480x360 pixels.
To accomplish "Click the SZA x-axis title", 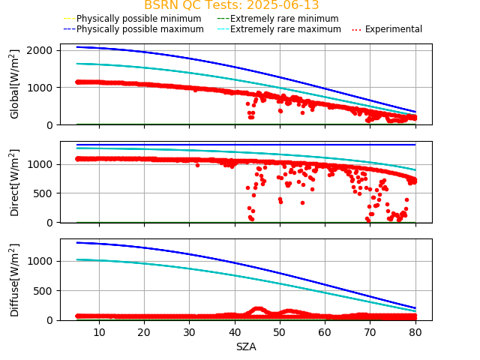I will click(x=246, y=346).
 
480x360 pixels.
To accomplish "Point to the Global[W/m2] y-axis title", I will click(x=15, y=84).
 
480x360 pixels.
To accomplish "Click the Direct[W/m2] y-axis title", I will click(x=15, y=182).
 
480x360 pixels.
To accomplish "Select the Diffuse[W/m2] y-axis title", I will click(x=15, y=280).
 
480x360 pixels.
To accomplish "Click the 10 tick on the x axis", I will click(x=99, y=331).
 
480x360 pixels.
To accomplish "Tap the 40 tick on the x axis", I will click(x=235, y=331).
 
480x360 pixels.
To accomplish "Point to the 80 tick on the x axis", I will click(x=415, y=331).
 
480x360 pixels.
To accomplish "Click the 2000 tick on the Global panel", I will click(x=39, y=50).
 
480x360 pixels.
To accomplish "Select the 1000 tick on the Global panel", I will click(x=39, y=88).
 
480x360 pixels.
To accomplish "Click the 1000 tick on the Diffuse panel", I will click(x=39, y=261).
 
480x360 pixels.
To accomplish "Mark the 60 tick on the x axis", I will click(x=325, y=331).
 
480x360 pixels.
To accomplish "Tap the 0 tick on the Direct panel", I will click(x=49, y=223).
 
